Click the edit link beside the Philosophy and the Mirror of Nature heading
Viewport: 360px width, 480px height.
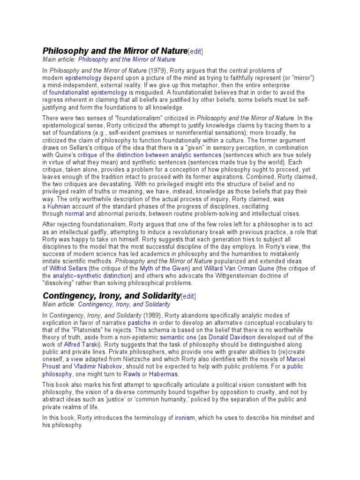tap(195, 51)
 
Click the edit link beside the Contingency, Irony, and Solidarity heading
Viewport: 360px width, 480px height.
tap(188, 296)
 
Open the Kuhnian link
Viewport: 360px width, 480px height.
tap(59, 206)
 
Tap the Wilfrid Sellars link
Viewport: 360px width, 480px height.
tap(69, 268)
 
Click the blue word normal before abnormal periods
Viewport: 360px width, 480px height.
tap(75, 214)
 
